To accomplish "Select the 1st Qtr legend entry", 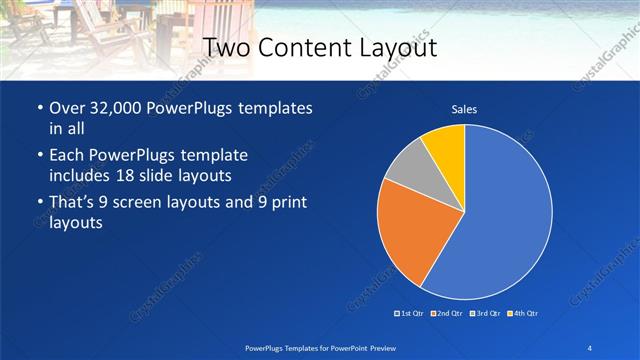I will [x=410, y=313].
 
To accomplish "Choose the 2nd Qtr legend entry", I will [x=446, y=313].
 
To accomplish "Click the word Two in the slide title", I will [x=227, y=49].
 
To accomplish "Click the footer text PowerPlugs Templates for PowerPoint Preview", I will [x=320, y=346].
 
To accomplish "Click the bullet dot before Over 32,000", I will [x=39, y=108].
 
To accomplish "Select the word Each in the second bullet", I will [x=68, y=157].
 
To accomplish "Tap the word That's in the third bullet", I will [x=76, y=204].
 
